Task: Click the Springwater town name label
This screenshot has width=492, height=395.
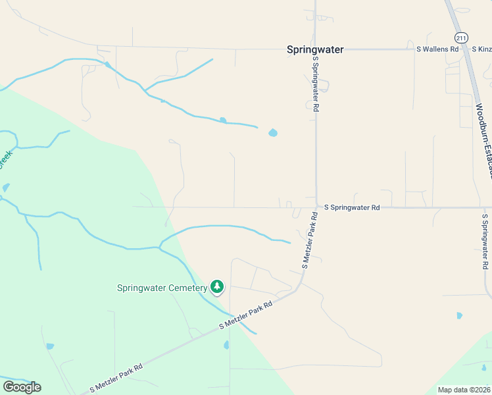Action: [x=315, y=49]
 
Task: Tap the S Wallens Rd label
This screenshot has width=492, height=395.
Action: [x=437, y=49]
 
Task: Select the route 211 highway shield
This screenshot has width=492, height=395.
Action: [x=461, y=38]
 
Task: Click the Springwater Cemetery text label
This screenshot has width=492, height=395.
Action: [x=162, y=288]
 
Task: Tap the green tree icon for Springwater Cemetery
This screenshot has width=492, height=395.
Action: [x=217, y=286]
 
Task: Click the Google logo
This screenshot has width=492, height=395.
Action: [x=22, y=387]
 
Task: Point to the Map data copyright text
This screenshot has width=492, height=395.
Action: [x=464, y=390]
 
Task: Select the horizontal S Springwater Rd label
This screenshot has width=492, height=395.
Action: [x=352, y=207]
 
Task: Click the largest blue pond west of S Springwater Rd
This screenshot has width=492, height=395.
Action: [x=273, y=133]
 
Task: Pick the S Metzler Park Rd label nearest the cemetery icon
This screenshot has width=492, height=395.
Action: [x=245, y=317]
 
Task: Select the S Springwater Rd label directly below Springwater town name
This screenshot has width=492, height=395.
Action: [x=316, y=83]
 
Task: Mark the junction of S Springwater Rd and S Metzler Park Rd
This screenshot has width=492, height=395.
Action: [x=316, y=207]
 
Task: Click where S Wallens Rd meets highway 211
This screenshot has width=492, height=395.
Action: [x=465, y=49]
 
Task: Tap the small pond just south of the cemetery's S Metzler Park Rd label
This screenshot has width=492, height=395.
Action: [x=227, y=344]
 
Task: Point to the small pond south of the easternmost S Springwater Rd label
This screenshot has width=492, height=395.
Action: [x=459, y=316]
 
